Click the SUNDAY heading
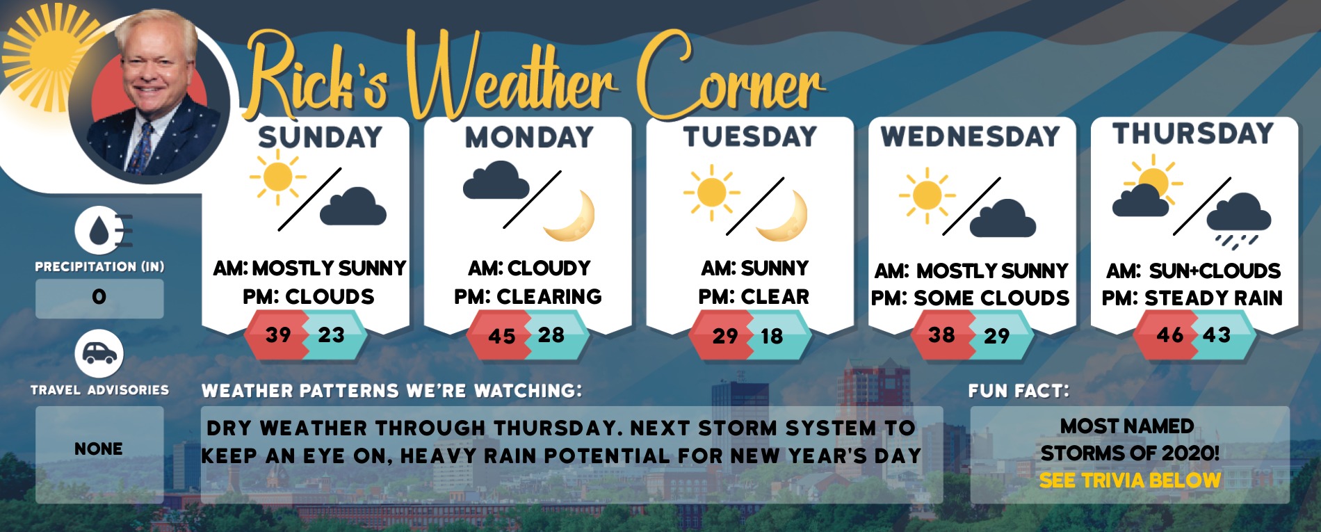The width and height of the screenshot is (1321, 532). coord(320,137)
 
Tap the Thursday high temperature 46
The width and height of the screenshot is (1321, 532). coord(1170,335)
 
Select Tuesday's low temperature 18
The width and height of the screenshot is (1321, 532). coord(772,337)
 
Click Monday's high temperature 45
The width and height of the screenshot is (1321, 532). coord(502,337)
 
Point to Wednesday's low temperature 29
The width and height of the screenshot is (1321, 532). coord(996,337)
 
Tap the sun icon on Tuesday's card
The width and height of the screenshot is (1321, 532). coord(711,193)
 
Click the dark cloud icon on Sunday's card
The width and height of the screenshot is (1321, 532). coord(352,206)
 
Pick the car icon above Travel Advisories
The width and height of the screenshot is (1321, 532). coord(99,354)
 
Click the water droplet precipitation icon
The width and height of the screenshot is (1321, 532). coord(101,231)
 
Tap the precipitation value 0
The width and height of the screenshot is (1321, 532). coord(99,297)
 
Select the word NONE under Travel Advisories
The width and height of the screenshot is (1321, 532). coord(99,449)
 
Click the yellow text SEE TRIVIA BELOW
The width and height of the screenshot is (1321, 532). coord(1130,481)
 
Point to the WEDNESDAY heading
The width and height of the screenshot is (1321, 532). coord(971,136)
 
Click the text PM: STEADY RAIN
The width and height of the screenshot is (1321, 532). coord(1192,298)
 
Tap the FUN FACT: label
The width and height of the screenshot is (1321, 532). coord(1019,391)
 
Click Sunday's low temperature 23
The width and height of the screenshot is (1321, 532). coord(331,335)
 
